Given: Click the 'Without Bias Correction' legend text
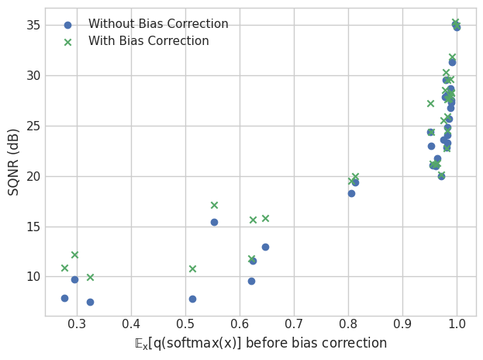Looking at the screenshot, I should coord(158,24).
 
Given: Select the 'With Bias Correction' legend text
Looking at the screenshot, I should coord(148,41).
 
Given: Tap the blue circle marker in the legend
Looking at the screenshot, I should coord(67,25).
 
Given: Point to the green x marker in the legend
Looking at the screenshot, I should coord(67,42).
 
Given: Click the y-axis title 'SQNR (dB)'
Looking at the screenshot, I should coord(14,161).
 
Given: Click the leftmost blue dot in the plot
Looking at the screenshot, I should coord(64,298).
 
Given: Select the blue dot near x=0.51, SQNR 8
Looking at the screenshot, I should coord(192,299).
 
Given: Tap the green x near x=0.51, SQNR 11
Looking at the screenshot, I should coord(192,268).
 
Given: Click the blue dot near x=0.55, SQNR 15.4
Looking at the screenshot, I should coord(214,222).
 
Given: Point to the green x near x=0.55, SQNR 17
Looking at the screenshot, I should coord(214,205).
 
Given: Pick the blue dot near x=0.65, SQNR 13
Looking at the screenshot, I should coord(265,247).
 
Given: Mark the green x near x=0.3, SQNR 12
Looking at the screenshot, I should coord(74,254).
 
